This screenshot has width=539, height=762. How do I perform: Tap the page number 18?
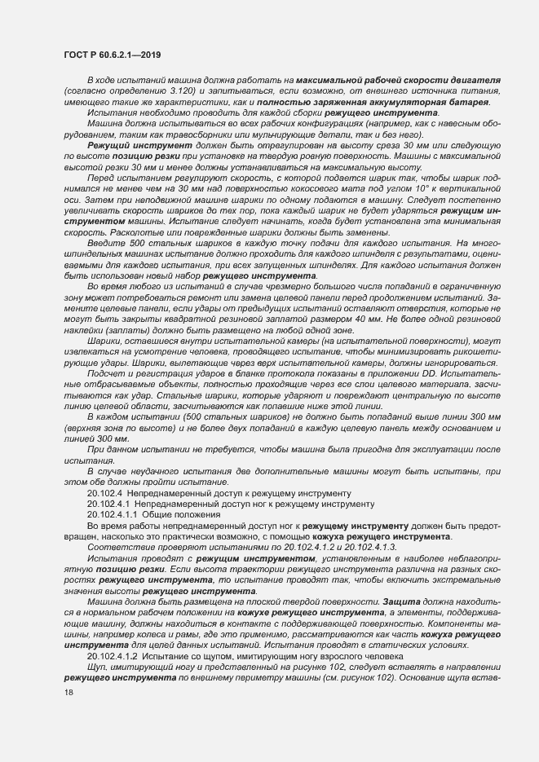click(x=68, y=692)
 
